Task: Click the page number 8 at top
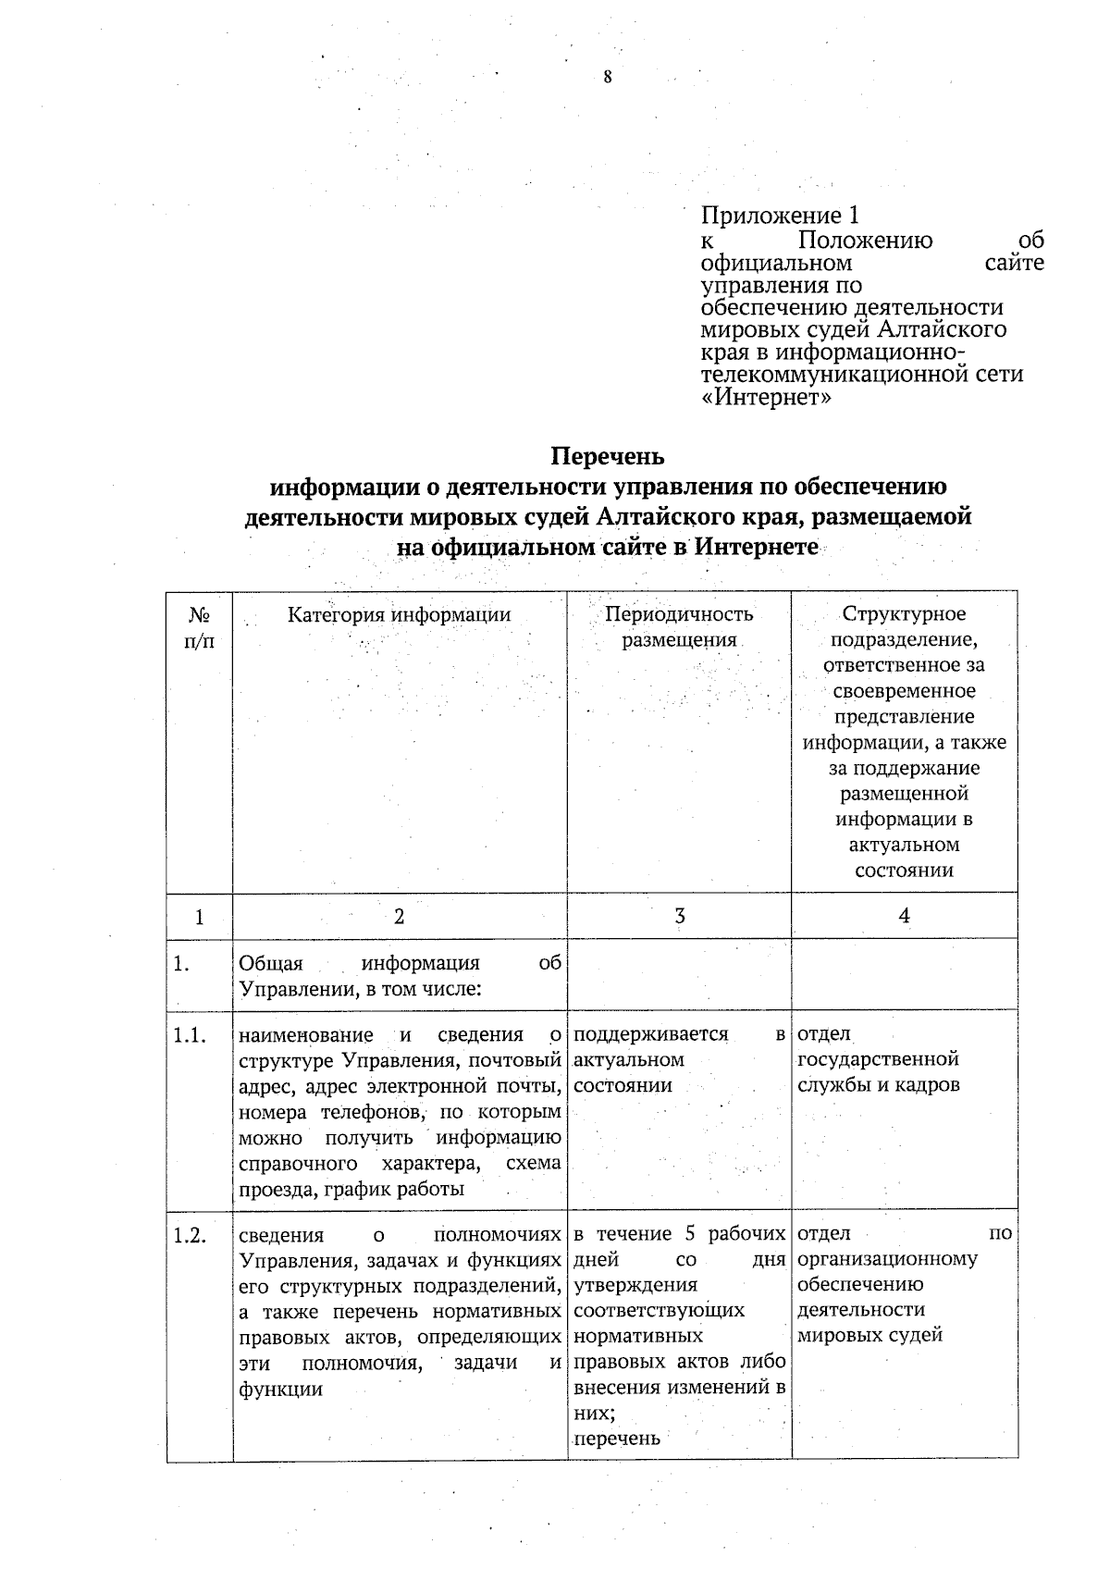pos(607,78)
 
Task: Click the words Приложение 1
pos(780,216)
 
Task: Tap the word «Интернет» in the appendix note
pos(767,399)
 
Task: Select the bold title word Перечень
pos(608,457)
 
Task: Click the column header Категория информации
pos(399,614)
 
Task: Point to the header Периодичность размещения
pos(679,626)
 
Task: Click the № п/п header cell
pos(199,627)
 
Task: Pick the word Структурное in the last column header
pos(904,614)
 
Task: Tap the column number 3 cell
pos(679,916)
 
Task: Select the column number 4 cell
pos(904,916)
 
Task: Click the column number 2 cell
pos(399,916)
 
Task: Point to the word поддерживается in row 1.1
pos(650,1034)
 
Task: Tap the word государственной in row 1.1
pos(878,1059)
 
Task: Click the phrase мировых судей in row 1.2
pos(869,1335)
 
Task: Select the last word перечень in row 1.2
pos(617,1439)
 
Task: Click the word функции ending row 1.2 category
pos(280,1389)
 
